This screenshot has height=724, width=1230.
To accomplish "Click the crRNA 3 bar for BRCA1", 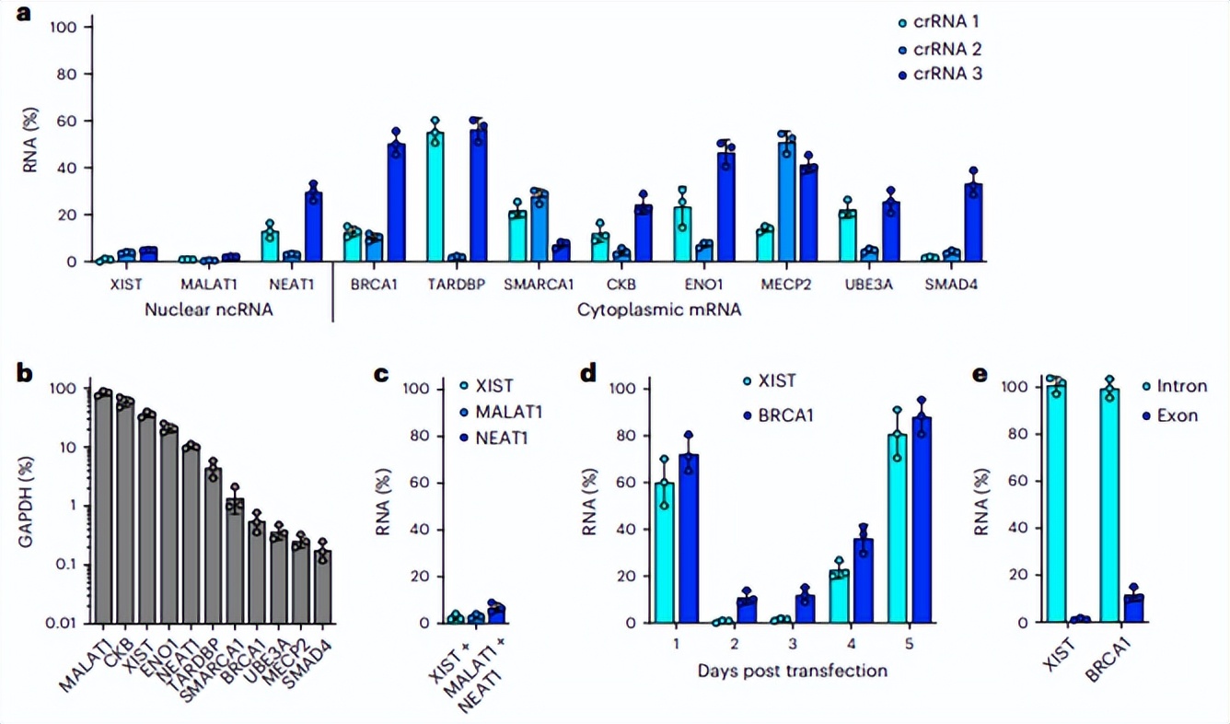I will [x=396, y=203].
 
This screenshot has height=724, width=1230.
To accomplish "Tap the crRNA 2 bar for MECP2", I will [x=785, y=203].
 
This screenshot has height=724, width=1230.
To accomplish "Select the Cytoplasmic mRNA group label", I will [x=659, y=310].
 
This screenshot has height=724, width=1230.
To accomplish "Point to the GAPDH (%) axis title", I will [x=28, y=502].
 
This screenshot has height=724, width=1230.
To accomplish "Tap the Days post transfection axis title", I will [x=789, y=670].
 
